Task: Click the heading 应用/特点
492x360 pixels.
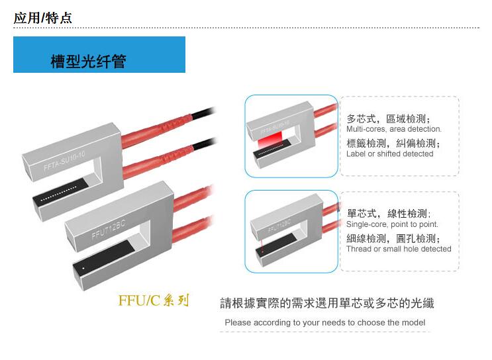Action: [42, 18]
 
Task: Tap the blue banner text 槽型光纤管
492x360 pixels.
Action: [89, 61]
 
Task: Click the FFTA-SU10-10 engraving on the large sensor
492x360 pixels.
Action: [64, 161]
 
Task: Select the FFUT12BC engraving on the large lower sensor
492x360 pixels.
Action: [108, 229]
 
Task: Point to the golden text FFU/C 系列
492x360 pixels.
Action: [154, 300]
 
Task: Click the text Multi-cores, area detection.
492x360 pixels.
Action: [394, 129]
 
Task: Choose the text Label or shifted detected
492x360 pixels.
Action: [390, 154]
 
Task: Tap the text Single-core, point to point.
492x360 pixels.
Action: [392, 224]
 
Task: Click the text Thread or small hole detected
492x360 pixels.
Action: [399, 249]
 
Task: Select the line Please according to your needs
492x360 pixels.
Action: [325, 322]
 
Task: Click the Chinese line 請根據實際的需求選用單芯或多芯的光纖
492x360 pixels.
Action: [327, 303]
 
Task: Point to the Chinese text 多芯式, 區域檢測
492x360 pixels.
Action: [389, 119]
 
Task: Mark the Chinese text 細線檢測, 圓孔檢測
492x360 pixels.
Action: [393, 239]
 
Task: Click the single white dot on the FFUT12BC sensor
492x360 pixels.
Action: [83, 269]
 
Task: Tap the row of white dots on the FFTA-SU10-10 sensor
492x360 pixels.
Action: [59, 194]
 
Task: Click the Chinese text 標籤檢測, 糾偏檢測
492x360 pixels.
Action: [393, 144]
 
